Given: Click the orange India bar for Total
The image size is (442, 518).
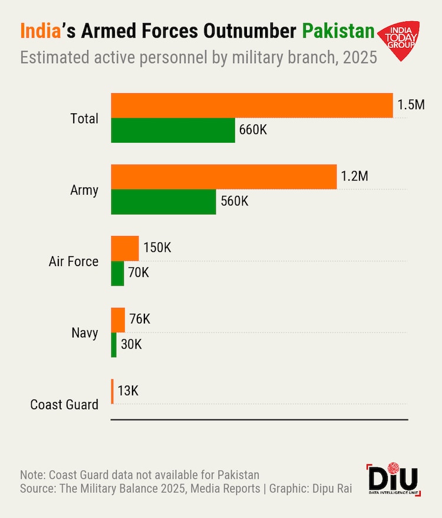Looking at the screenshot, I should click(252, 106).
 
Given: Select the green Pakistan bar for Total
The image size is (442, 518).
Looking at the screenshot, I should click(173, 130).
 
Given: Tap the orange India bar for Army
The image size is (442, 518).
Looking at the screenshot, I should click(224, 177).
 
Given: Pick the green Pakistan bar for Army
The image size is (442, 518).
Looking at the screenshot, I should click(163, 202).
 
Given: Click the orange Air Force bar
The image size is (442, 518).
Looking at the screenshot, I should click(125, 248).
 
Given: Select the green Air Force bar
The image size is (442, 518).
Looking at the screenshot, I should click(117, 273).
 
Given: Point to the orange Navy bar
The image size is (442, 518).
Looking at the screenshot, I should click(118, 320).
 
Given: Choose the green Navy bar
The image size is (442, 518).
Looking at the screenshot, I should click(114, 345).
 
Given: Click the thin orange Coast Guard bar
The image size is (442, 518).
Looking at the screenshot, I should click(112, 391).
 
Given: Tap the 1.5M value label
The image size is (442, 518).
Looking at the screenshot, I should click(411, 106).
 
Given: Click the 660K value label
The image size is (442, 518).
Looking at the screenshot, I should click(253, 130).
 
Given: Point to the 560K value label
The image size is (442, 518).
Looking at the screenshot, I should click(235, 201).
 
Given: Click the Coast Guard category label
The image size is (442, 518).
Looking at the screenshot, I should click(64, 404).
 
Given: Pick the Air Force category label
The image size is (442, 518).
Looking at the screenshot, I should click(74, 261).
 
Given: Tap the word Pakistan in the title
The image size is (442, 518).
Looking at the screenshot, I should click(338, 31).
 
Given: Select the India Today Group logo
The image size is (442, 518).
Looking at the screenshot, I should click(399, 40).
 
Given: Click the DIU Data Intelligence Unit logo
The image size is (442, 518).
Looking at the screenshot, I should click(392, 478).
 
